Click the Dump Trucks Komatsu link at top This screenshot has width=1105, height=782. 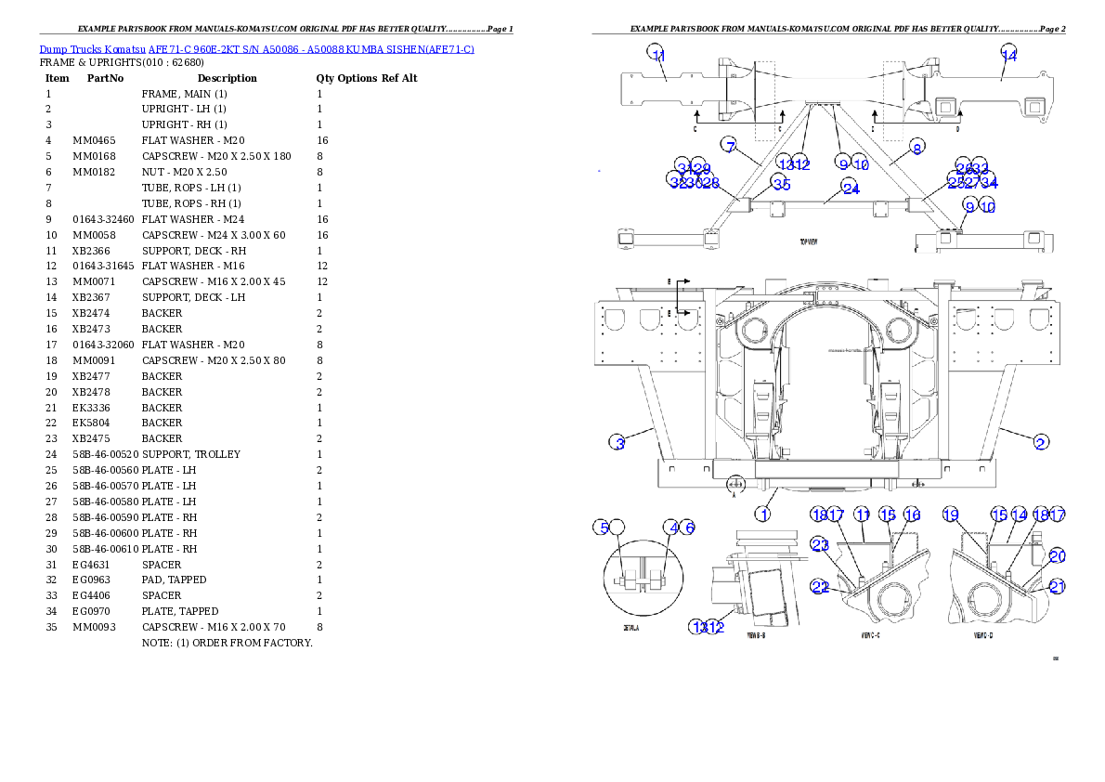coord(256,48)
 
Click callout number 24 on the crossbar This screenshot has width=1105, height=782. coord(851,188)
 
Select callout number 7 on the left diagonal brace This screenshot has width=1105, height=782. coord(731,146)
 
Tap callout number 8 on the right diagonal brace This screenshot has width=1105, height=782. coord(916,147)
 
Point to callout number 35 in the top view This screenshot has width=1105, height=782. coord(781,184)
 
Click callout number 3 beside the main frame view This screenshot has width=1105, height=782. coord(618,442)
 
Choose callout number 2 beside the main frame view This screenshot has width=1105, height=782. coord(1042,442)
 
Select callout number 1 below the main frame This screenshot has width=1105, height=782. coord(762,514)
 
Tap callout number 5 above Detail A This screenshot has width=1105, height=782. coord(603,528)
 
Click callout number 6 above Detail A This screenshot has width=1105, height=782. coord(689,528)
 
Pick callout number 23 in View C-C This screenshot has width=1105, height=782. coord(820,545)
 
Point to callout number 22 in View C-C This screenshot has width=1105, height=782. coord(820,587)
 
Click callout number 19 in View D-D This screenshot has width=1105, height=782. coord(950,514)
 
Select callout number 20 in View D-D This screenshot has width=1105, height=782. coord(1057,556)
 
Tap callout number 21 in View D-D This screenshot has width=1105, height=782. coord(1057,586)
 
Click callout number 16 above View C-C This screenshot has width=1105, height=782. coord(912,515)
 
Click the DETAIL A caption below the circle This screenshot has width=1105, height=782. coord(630,628)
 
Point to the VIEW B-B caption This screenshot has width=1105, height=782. coord(756,636)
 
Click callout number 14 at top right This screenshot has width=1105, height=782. coord(1009,55)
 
